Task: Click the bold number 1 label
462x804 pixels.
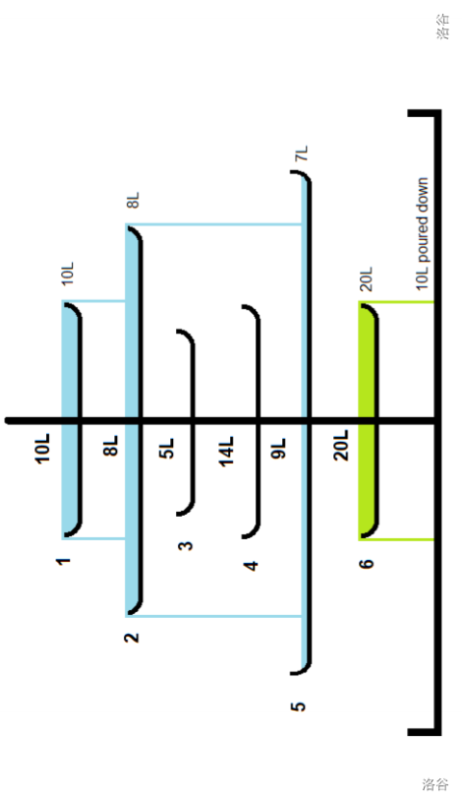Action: pyautogui.click(x=64, y=561)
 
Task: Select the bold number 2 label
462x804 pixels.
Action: pyautogui.click(x=132, y=638)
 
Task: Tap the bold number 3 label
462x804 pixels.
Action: pyautogui.click(x=186, y=545)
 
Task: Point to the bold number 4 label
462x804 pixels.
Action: pyautogui.click(x=251, y=566)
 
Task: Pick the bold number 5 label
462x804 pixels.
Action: pyautogui.click(x=298, y=706)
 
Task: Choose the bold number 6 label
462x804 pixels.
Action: pyautogui.click(x=367, y=564)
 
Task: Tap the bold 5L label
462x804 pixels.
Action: pyautogui.click(x=167, y=448)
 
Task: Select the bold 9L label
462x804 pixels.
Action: pyautogui.click(x=278, y=448)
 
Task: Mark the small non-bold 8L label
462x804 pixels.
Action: pyautogui.click(x=133, y=200)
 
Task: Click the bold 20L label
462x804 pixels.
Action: pyautogui.click(x=341, y=445)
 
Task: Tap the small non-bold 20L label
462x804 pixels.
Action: pyautogui.click(x=367, y=279)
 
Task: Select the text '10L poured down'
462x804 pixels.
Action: pyautogui.click(x=422, y=234)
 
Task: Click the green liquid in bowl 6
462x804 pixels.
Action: pyautogui.click(x=368, y=420)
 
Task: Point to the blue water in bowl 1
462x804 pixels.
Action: pyautogui.click(x=70, y=420)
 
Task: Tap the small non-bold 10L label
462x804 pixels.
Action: pyautogui.click(x=68, y=274)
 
